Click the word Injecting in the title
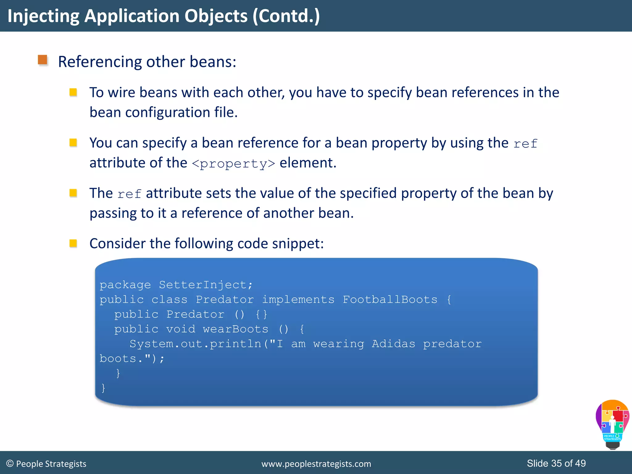[x=43, y=16]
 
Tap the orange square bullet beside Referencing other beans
[x=43, y=60]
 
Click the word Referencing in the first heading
[x=100, y=62]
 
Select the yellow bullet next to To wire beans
[x=73, y=92]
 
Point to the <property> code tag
[x=233, y=164]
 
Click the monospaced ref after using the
[x=525, y=144]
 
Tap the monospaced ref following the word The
[x=129, y=194]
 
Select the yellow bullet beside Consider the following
[x=73, y=243]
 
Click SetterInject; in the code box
[x=206, y=285]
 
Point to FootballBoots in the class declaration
[x=390, y=300]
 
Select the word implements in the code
[x=298, y=300]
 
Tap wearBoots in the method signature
[x=235, y=329]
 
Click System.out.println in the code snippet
[x=195, y=344]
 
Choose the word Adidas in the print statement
[x=393, y=344]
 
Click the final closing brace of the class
[x=103, y=388]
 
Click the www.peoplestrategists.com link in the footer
[x=316, y=464]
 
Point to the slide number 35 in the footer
[x=556, y=463]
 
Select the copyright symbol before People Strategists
[x=10, y=464]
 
